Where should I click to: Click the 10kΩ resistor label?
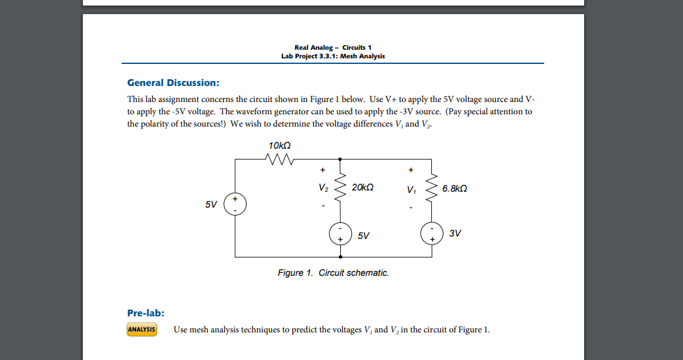click(279, 145)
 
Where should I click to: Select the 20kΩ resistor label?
click(363, 187)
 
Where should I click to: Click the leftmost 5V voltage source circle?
click(235, 204)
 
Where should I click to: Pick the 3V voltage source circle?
click(432, 233)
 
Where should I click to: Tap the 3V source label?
click(455, 233)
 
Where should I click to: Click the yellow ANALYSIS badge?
click(142, 330)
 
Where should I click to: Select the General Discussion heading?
click(173, 83)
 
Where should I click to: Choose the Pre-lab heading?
click(146, 313)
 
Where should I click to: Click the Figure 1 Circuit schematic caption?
click(333, 273)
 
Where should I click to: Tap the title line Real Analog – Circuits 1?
click(333, 47)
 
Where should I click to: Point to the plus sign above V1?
click(411, 170)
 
